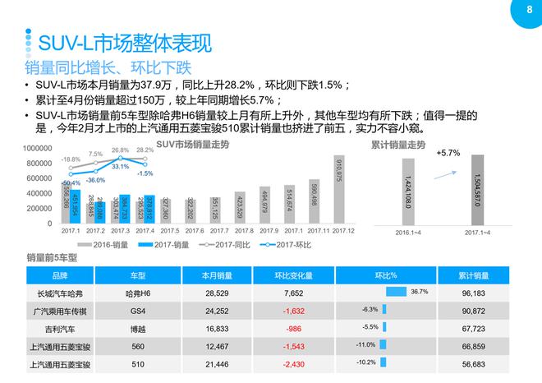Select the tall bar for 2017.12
tap(339, 189)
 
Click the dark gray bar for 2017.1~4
tap(476, 191)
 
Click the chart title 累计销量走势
tap(398, 145)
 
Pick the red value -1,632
tap(293, 311)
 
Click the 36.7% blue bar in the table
tap(396, 292)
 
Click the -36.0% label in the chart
tap(94, 179)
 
